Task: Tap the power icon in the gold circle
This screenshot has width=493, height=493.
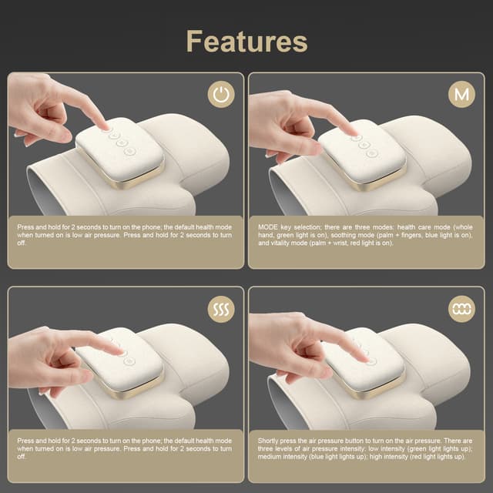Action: pyautogui.click(x=221, y=96)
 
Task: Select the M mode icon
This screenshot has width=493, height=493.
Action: pyautogui.click(x=461, y=96)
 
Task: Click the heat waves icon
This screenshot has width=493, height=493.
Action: pyautogui.click(x=221, y=310)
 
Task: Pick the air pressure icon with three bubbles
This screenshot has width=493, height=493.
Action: pyautogui.click(x=461, y=310)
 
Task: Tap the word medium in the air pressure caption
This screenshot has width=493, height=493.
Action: pyautogui.click(x=271, y=456)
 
